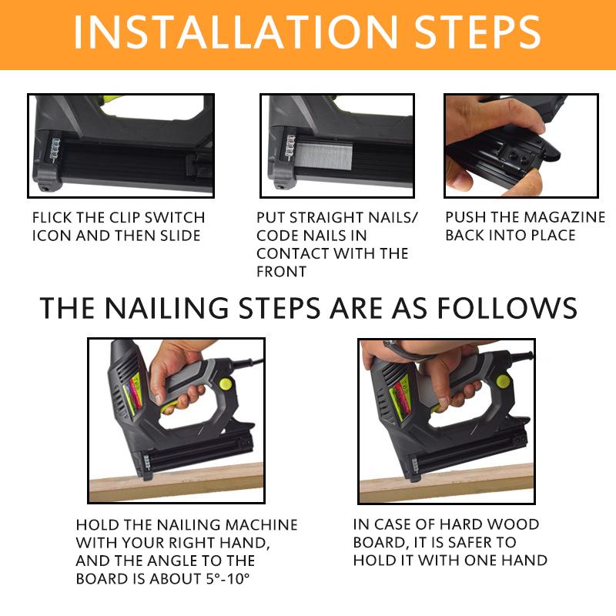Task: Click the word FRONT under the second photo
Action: pos(282,271)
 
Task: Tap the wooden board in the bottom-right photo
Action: pos(462,482)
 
